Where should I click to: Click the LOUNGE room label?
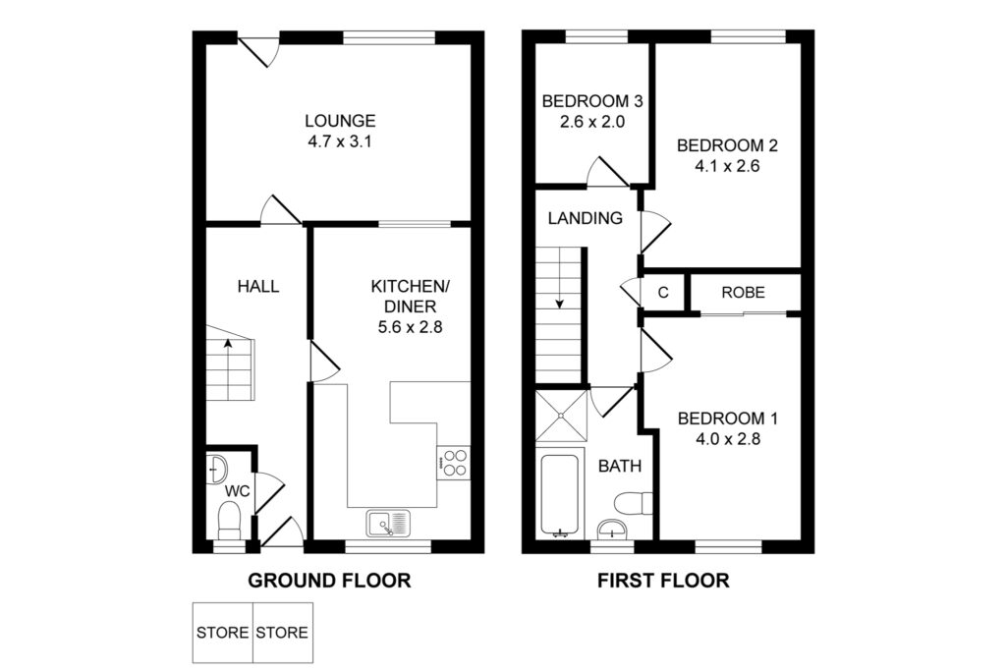coord(340,121)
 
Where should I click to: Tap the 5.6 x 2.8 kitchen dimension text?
coord(410,327)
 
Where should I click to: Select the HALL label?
coord(258,286)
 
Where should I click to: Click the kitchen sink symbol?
coord(389,523)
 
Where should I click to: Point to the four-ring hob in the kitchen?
coord(454,463)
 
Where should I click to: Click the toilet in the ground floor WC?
coord(229,521)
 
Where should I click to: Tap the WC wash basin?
coord(217,469)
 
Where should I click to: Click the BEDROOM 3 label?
coord(592,101)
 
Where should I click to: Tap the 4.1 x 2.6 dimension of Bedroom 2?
coord(727,166)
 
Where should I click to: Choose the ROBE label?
coord(743,293)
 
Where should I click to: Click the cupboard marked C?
coord(663,293)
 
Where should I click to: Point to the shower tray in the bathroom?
coord(561,416)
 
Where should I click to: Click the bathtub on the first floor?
coord(560,494)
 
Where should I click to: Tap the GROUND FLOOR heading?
coord(329,581)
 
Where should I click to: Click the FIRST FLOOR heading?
coord(663,581)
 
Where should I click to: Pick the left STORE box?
coord(223,633)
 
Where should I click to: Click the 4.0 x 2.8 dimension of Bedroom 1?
coord(728,439)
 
